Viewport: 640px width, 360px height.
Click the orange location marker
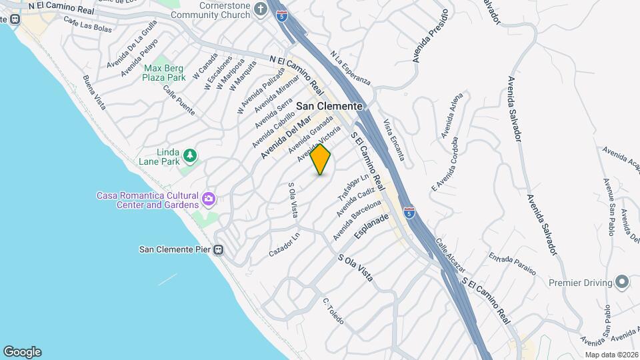point(321,159)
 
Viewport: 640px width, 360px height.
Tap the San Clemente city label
point(329,106)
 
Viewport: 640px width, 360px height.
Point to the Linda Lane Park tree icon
point(191,155)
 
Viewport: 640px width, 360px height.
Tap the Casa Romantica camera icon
point(209,198)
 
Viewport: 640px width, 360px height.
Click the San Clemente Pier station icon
point(218,250)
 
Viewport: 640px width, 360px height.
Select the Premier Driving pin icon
point(622,283)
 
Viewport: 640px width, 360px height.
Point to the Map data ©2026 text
point(611,354)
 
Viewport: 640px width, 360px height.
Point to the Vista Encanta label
point(393,140)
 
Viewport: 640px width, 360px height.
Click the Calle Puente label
point(180,101)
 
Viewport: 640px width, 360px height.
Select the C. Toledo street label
point(333,311)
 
